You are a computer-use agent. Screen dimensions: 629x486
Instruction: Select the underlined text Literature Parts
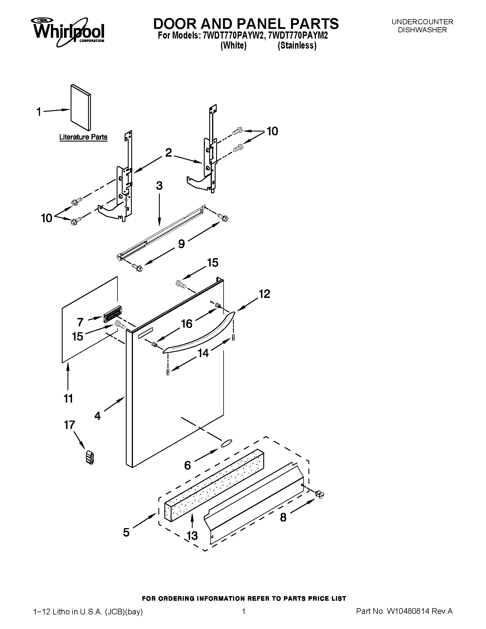coord(83,137)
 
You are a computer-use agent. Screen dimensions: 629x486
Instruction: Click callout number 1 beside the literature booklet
coord(39,112)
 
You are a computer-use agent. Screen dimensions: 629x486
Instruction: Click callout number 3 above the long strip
coord(159,186)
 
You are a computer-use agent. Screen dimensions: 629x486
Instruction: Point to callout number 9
coord(181,244)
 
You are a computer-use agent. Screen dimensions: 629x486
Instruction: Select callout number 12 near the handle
coord(264,294)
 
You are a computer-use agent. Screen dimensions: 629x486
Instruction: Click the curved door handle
coord(199,334)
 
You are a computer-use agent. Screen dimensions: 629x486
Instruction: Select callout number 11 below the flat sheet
coord(68,399)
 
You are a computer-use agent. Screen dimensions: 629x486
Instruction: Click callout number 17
coord(69,425)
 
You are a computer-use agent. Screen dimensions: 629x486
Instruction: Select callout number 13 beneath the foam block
coord(192,536)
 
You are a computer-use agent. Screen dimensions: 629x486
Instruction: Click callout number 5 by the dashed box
coord(126,532)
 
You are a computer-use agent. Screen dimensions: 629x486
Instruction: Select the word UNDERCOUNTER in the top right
coord(422,22)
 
